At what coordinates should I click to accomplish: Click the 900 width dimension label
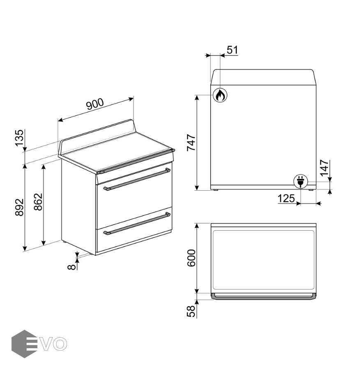95,104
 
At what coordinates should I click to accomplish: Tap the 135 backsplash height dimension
19,138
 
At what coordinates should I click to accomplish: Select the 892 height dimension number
19,207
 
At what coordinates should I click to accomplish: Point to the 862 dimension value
38,202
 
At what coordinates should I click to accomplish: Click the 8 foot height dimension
72,267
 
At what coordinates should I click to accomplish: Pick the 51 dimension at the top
232,50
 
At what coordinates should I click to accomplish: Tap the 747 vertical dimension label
191,143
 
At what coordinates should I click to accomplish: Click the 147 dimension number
324,168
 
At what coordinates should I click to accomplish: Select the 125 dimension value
286,199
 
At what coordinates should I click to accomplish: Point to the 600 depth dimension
191,258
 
